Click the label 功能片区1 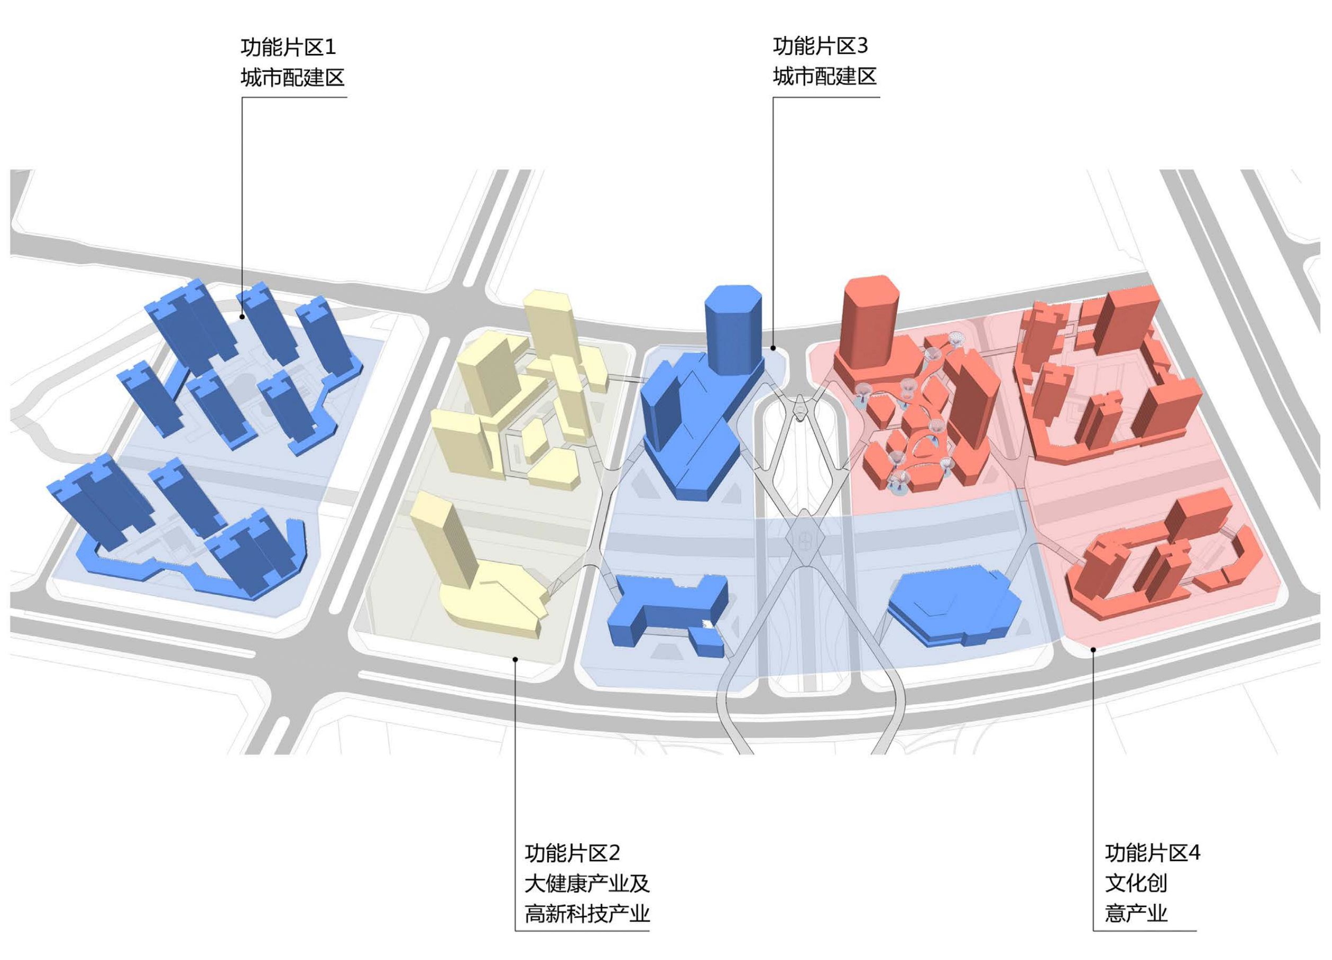[288, 47]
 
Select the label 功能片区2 [572, 852]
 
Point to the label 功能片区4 [1152, 852]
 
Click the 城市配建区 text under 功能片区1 [292, 78]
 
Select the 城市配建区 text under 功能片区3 [824, 76]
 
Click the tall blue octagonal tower [732, 329]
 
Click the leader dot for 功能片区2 [515, 659]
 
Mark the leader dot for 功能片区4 [1093, 649]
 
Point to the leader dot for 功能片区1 [243, 318]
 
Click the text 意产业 [1136, 914]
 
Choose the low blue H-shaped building [667, 610]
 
